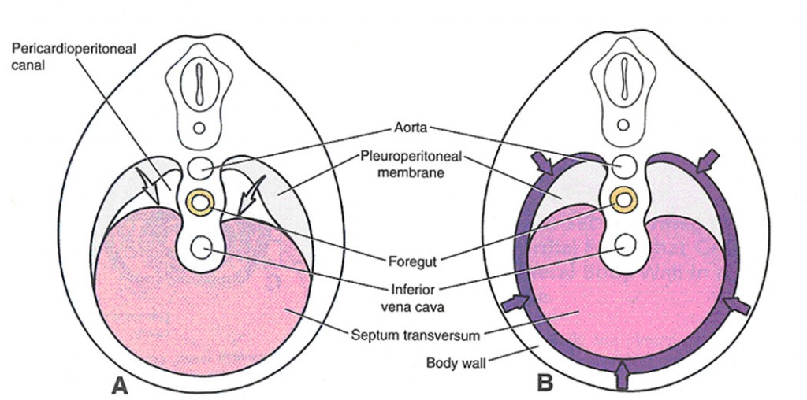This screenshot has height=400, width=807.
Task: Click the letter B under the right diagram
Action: [x=544, y=383]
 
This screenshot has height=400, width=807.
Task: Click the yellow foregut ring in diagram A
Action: [x=200, y=202]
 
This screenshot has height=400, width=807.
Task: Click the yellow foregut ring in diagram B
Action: [x=625, y=200]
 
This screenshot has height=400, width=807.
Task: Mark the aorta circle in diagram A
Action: [x=200, y=168]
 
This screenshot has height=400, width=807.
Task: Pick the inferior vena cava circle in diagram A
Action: [x=200, y=246]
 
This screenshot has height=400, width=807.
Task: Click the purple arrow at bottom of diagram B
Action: [x=623, y=376]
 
